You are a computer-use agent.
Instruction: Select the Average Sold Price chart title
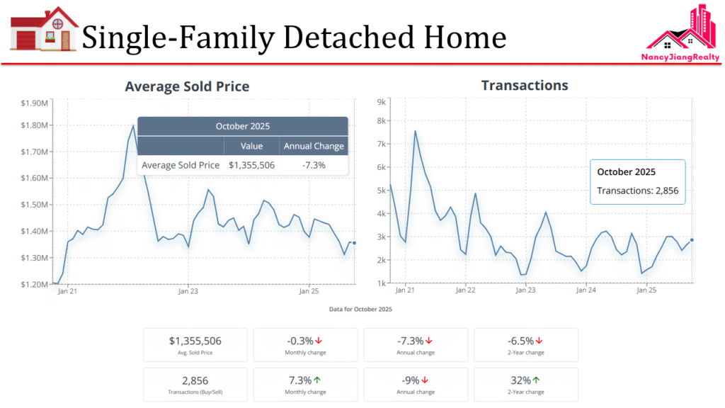click(187, 86)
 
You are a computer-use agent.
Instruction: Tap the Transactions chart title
click(525, 85)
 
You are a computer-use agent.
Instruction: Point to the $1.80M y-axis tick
click(35, 125)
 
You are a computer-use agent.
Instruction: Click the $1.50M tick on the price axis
click(35, 205)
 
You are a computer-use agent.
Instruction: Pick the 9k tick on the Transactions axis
click(381, 102)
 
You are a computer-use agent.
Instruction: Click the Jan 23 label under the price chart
click(188, 290)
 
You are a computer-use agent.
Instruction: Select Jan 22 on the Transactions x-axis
click(465, 290)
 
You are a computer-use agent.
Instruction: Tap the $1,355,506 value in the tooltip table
click(252, 165)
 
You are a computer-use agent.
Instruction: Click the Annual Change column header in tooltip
click(314, 146)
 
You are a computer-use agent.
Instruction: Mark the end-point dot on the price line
click(354, 243)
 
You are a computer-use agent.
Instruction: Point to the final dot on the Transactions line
click(692, 240)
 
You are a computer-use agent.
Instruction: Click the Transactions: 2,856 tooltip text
click(637, 191)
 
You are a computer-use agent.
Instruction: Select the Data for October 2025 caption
click(360, 310)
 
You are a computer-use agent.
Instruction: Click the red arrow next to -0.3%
click(319, 341)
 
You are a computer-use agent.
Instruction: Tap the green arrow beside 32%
click(537, 380)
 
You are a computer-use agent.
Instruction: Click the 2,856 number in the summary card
click(195, 380)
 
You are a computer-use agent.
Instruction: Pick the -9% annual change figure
click(411, 380)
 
